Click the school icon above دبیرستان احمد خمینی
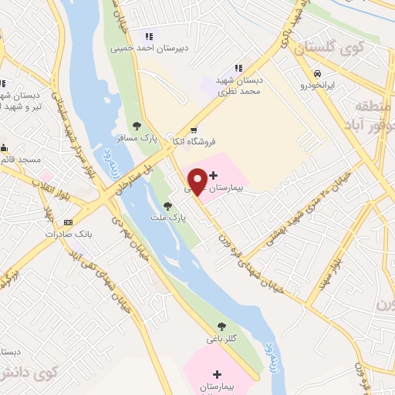point(147,36)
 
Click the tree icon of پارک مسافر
point(137,125)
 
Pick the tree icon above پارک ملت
point(167,206)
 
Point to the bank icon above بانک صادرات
point(69,221)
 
